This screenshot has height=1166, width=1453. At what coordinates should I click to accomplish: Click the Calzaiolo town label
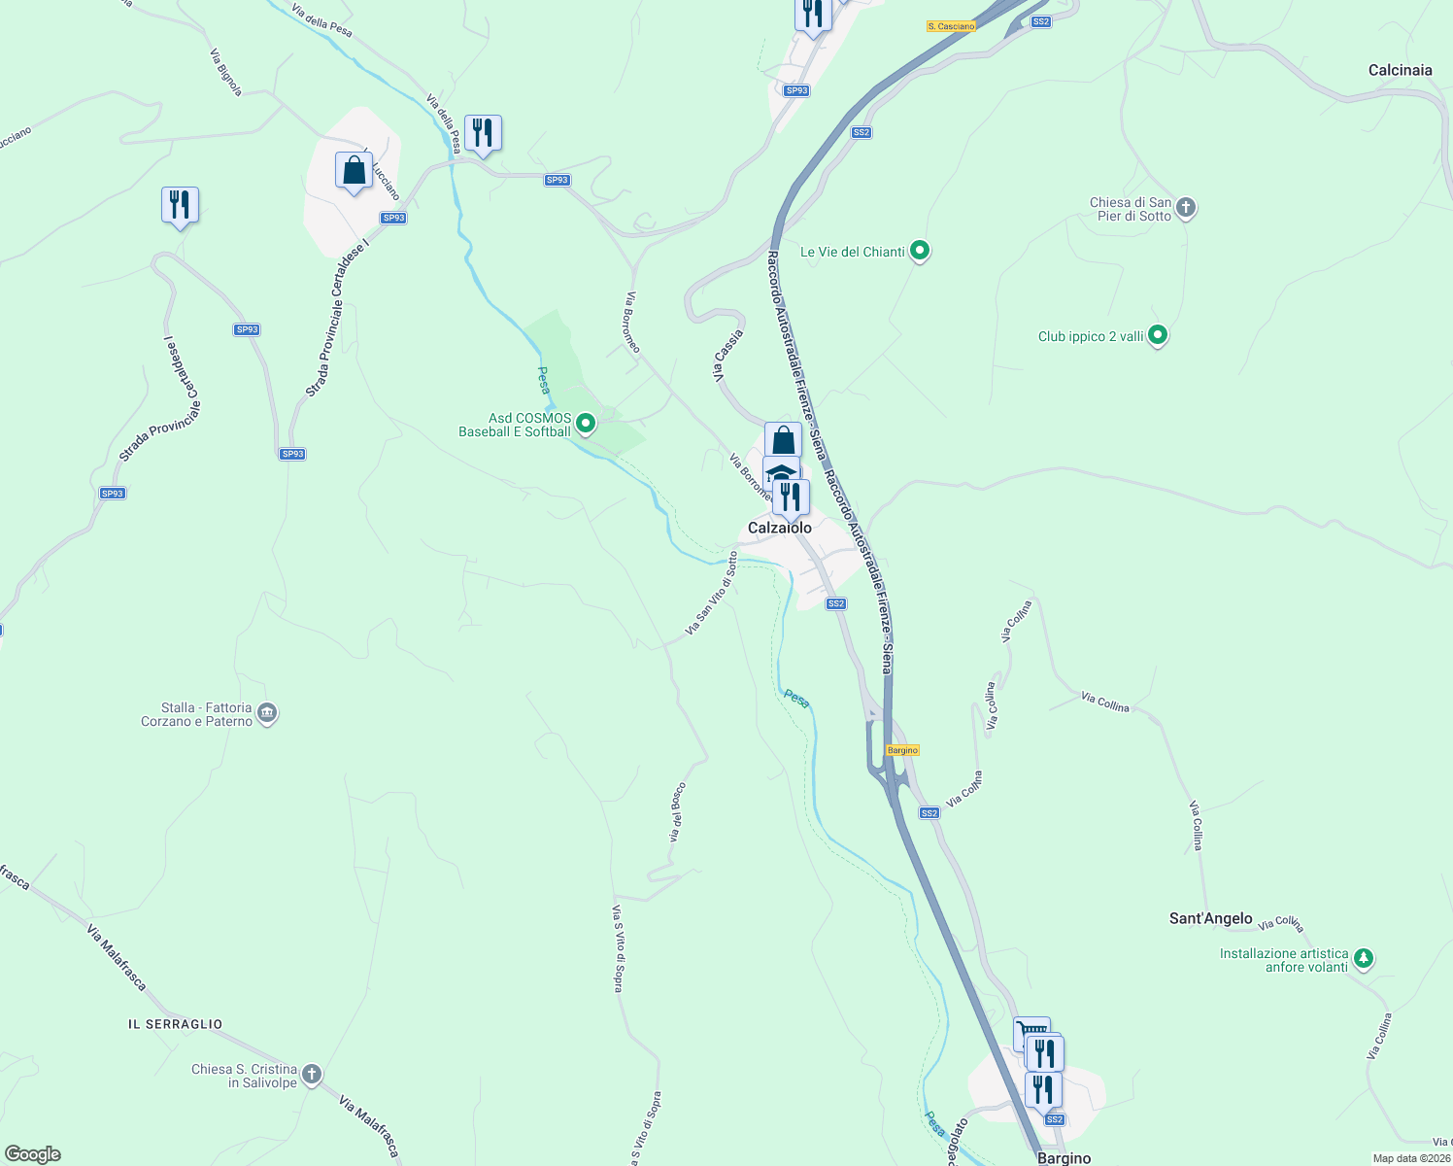[779, 528]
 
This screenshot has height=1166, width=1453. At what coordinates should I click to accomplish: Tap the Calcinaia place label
[1400, 70]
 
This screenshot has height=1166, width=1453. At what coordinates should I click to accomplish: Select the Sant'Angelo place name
[1210, 918]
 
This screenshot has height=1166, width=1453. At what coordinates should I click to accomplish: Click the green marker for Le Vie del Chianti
[919, 252]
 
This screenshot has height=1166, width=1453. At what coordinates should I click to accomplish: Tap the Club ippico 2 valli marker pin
[1157, 336]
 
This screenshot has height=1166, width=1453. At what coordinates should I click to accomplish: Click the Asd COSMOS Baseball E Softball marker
[585, 424]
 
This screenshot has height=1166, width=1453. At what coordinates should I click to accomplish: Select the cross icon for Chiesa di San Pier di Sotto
[1186, 207]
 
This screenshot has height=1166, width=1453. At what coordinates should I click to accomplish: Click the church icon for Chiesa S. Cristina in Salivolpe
[311, 1075]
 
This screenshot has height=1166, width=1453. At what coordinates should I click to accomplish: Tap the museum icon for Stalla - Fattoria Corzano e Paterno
[268, 714]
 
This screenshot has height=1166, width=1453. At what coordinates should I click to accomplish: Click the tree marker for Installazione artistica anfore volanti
[1364, 959]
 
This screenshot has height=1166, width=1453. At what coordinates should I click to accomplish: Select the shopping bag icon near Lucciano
[355, 171]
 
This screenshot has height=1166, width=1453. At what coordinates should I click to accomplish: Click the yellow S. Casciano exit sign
[950, 26]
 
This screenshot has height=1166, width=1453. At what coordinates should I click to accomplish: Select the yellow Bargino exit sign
[902, 750]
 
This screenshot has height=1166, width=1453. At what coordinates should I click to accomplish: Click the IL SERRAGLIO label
[175, 1024]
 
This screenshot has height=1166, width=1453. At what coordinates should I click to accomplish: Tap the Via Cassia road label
[729, 356]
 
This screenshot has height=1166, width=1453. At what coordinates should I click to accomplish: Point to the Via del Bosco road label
[677, 811]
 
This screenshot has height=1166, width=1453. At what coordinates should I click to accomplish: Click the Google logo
[32, 1154]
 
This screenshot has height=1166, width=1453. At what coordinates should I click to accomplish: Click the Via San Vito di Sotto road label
[711, 594]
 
